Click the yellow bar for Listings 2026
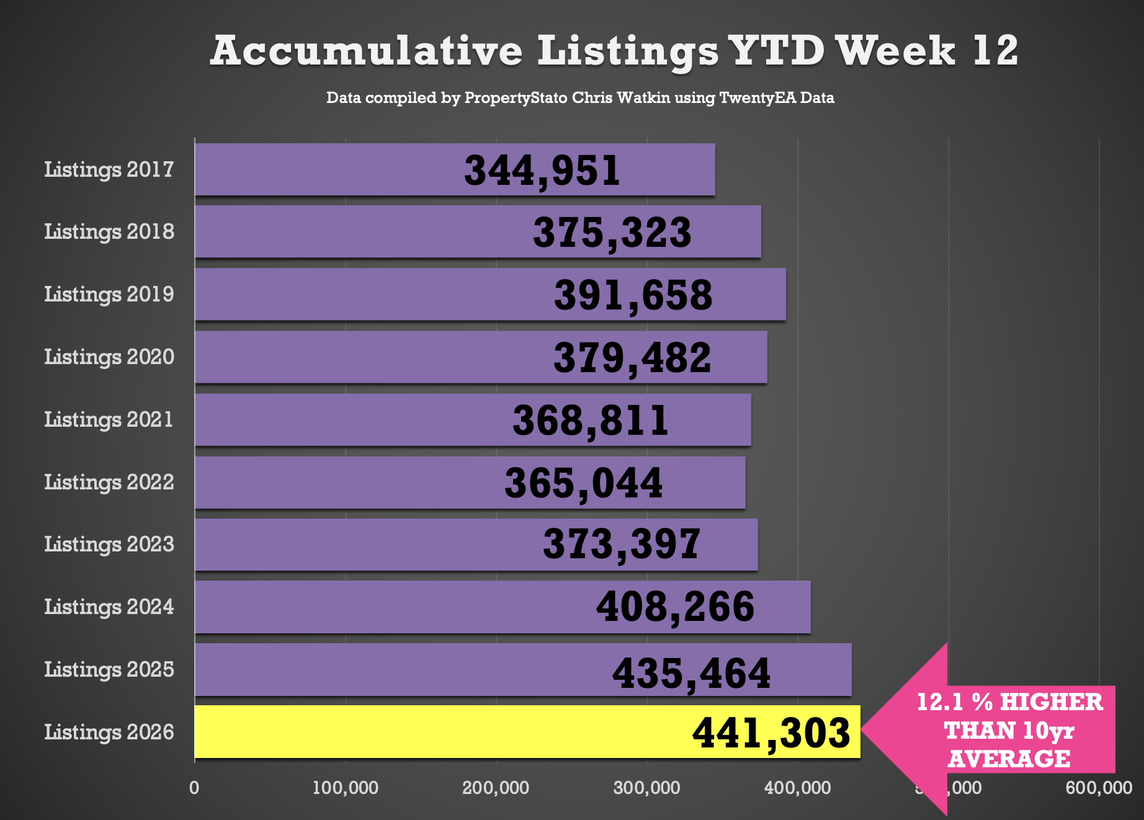point(434,732)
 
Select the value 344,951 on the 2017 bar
point(542,171)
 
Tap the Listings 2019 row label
point(109,294)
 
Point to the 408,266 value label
point(675,607)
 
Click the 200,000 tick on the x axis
point(496,788)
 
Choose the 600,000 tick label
point(1099,788)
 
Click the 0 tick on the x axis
point(194,788)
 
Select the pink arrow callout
point(993,729)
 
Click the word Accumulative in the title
point(366,51)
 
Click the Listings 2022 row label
point(109,482)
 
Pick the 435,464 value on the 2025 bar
point(691,674)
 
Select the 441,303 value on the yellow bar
point(771,733)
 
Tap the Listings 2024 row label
point(109,607)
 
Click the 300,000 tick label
point(646,788)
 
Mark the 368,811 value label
point(591,421)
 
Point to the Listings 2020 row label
point(109,357)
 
